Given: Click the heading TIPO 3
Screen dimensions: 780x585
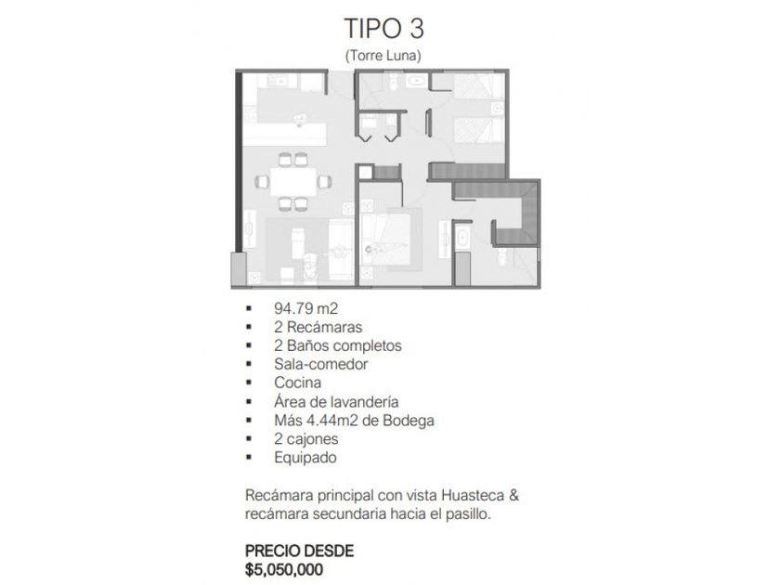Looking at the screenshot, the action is pyautogui.click(x=384, y=29).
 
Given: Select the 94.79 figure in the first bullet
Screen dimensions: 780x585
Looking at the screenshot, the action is pyautogui.click(x=293, y=308).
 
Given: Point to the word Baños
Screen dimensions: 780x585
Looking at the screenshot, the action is pyautogui.click(x=305, y=345).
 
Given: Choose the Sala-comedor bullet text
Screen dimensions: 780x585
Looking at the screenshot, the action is pyautogui.click(x=321, y=364).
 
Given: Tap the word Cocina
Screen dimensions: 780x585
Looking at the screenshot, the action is pyautogui.click(x=297, y=383).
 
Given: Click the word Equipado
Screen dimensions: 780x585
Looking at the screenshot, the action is pyautogui.click(x=305, y=458).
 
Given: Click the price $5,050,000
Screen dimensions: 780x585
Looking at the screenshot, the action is pyautogui.click(x=284, y=569).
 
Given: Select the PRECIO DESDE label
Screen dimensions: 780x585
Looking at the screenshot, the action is pyautogui.click(x=299, y=552).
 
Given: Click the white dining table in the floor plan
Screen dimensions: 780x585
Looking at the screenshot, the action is pyautogui.click(x=293, y=182).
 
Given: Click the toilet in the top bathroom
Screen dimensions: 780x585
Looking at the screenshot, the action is pyautogui.click(x=393, y=82).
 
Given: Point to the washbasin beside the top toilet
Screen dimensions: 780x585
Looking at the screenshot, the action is pyautogui.click(x=414, y=81).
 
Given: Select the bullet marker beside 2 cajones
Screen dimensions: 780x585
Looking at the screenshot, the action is pyautogui.click(x=249, y=439).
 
